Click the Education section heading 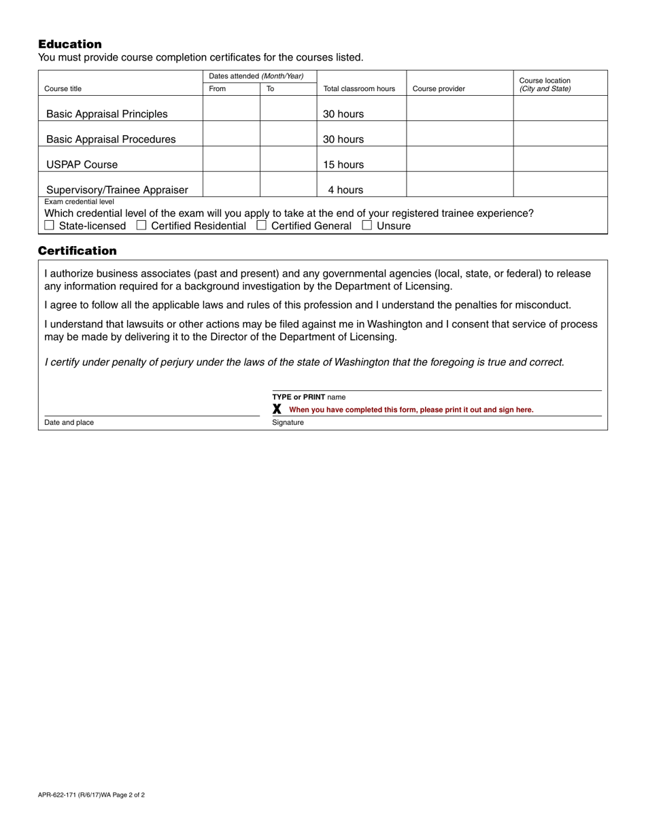[69, 44]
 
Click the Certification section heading [77, 251]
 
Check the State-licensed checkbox [49, 225]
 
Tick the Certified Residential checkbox [141, 225]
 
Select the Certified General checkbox [261, 225]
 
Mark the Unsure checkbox [367, 225]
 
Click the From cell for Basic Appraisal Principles [231, 109]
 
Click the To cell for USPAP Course [288, 159]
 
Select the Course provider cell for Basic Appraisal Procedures [460, 134]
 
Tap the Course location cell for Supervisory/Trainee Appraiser [560, 184]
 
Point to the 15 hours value [343, 164]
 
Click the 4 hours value [345, 190]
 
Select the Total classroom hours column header [359, 89]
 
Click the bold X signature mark [277, 409]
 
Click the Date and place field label [69, 423]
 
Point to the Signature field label [288, 423]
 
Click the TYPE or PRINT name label [309, 397]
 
